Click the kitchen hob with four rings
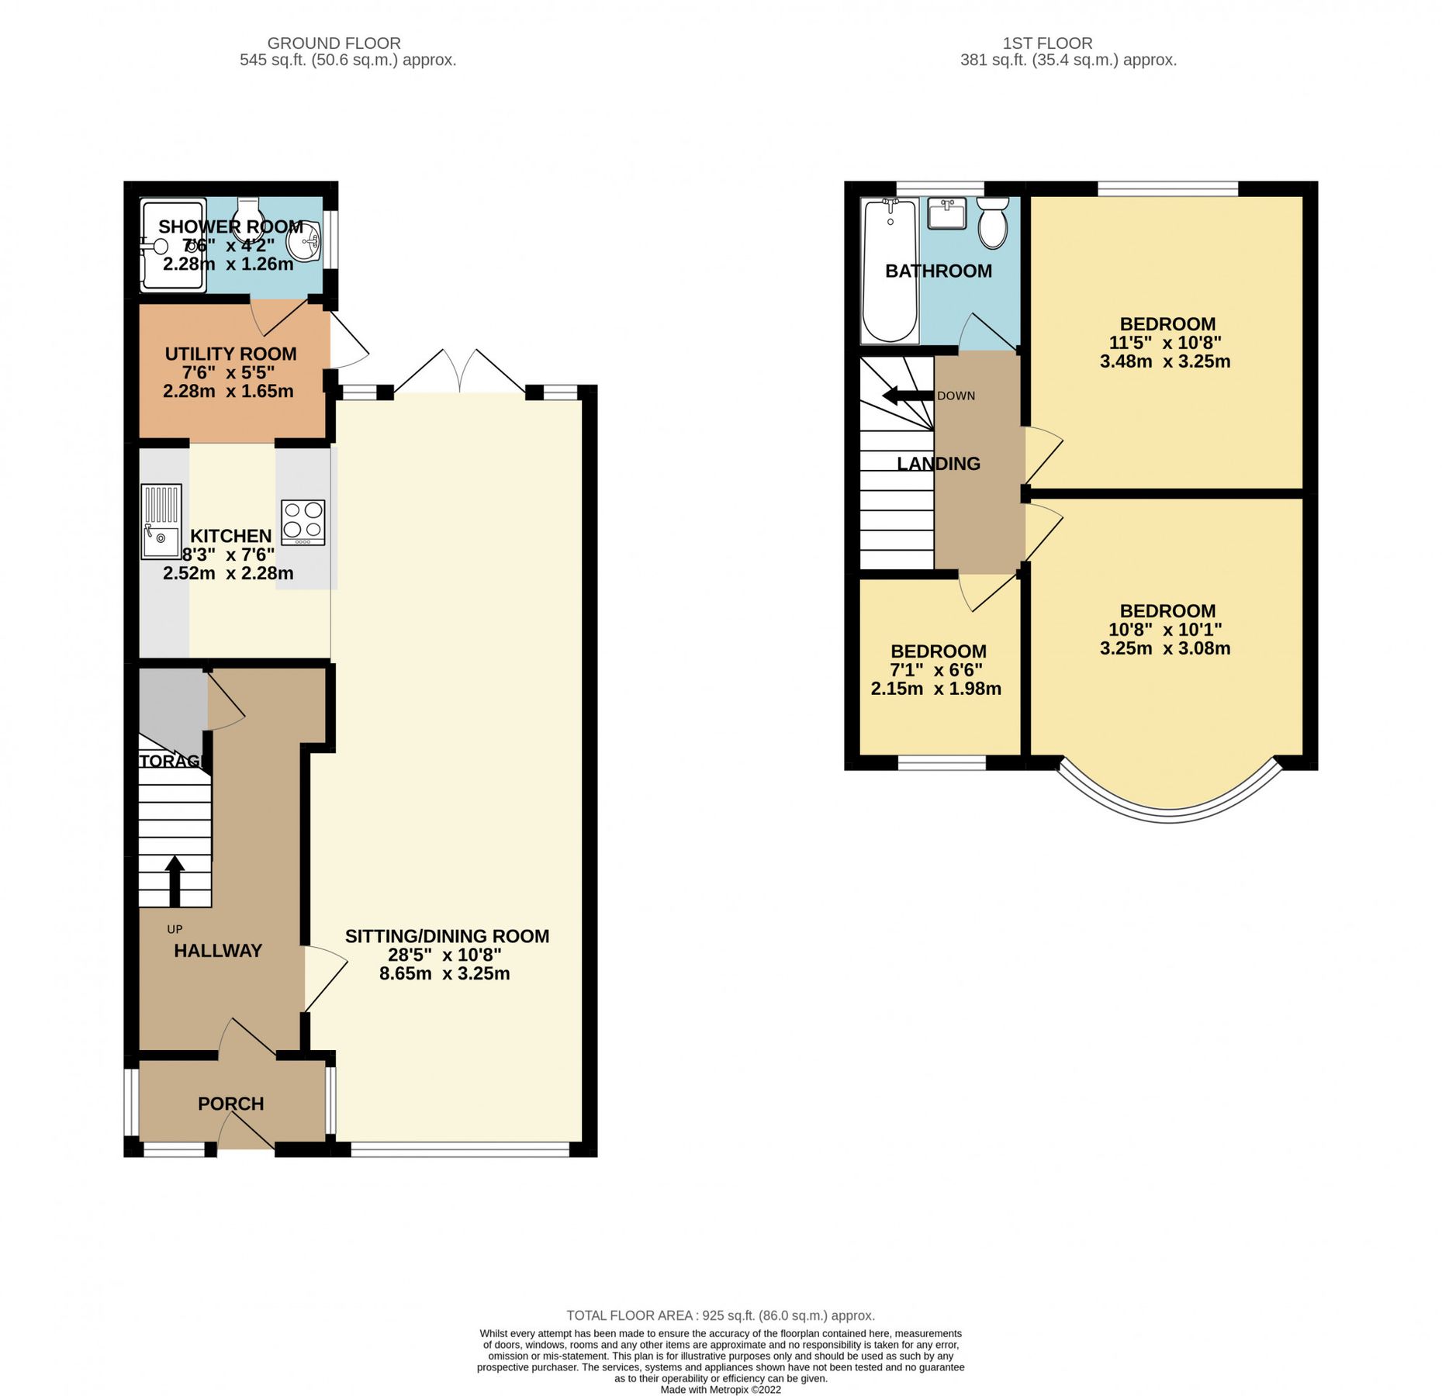point(303,522)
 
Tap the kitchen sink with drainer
point(161,521)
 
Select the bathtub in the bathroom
point(890,270)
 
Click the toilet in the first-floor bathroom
point(992,223)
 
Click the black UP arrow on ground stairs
point(175,880)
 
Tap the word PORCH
point(230,1104)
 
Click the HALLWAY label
point(218,951)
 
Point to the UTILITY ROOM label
point(230,354)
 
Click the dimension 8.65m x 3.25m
point(444,973)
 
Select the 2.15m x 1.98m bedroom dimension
point(935,689)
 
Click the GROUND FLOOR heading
point(334,43)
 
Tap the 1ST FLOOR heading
point(1047,43)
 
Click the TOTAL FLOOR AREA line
point(720,1315)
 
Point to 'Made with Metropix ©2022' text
point(720,1390)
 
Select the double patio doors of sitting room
point(460,372)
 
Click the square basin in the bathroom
point(946,213)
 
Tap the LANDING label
point(939,464)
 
